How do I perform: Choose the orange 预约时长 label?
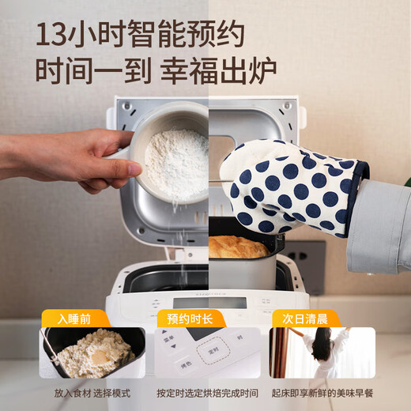click(192, 319)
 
